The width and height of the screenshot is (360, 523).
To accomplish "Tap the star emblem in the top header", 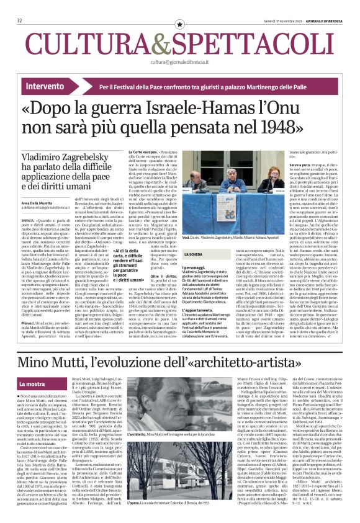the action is (180, 24).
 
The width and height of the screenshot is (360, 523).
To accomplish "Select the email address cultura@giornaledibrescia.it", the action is (180, 62).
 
